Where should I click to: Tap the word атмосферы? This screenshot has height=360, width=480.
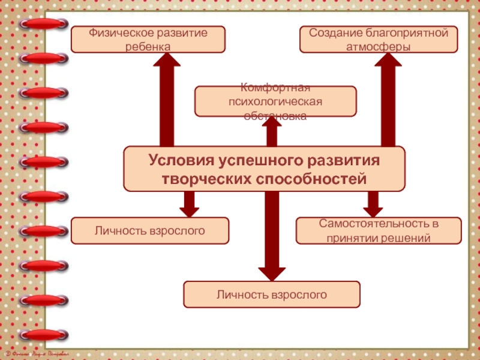pyautogui.click(x=379, y=46)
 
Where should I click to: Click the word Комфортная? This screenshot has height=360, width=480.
pyautogui.click(x=275, y=88)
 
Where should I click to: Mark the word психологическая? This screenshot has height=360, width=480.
pyautogui.click(x=275, y=101)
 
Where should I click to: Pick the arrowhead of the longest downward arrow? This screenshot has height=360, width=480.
pyautogui.click(x=272, y=272)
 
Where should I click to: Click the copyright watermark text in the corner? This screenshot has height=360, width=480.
pyautogui.click(x=36, y=355)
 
